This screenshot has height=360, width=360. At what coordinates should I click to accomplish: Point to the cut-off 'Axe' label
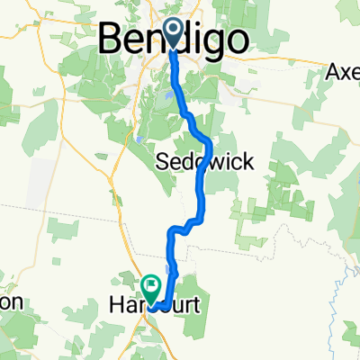(x=343, y=71)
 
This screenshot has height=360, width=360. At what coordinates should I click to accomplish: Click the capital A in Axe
(x=333, y=71)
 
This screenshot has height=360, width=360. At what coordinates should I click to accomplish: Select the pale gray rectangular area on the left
(x=40, y=193)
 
